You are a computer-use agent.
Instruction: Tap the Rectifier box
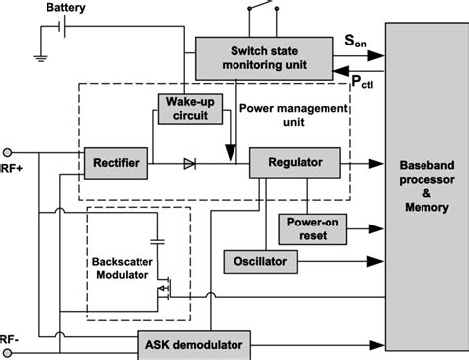(116, 160)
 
